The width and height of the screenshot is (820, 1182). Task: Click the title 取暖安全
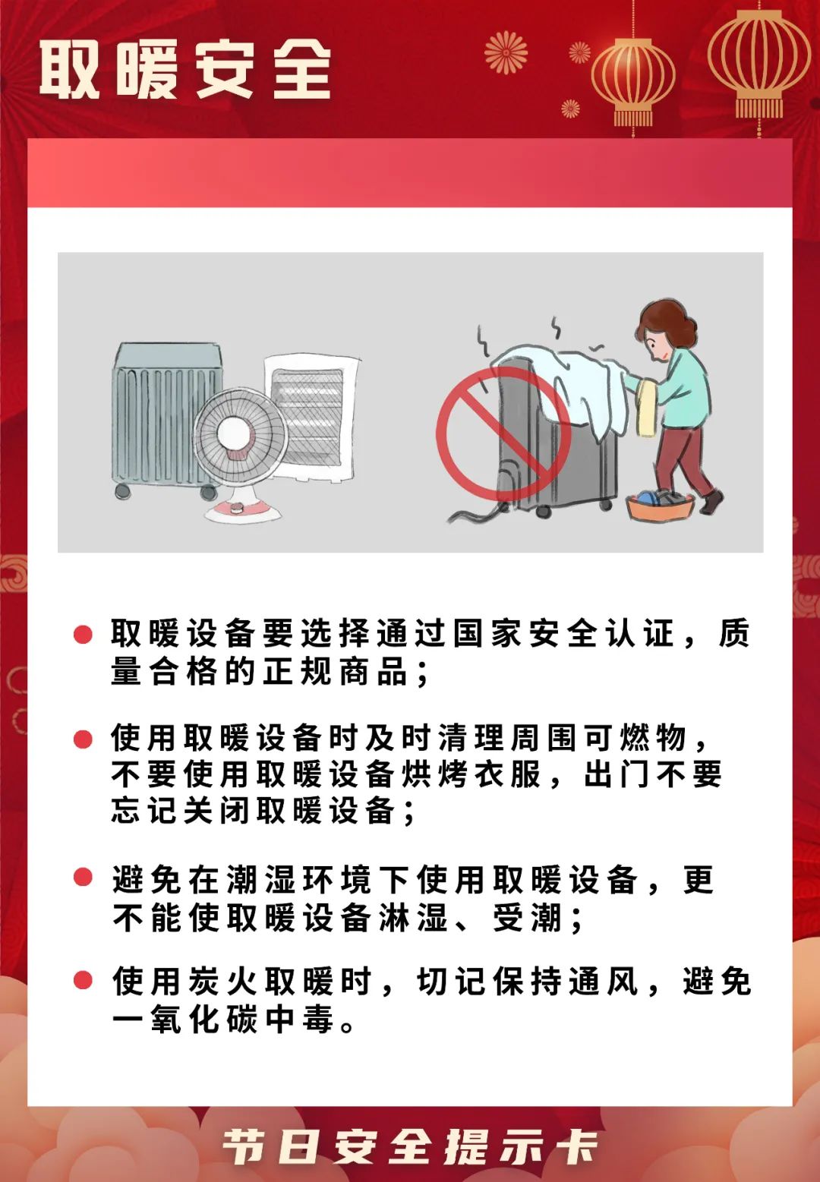[185, 70]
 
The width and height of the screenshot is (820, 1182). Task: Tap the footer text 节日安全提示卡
[410, 1146]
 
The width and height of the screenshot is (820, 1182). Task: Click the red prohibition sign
[503, 433]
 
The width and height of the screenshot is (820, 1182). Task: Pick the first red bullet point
[83, 634]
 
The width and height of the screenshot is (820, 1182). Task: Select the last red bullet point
[83, 980]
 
